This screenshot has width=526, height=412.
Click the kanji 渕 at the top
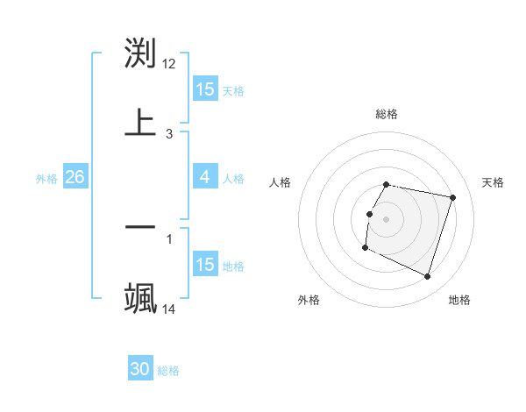(x=140, y=53)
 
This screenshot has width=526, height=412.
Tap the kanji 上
(x=140, y=122)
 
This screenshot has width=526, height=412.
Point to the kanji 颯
(x=140, y=297)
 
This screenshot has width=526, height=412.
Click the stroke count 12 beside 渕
(x=169, y=64)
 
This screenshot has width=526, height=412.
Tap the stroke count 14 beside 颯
(x=169, y=309)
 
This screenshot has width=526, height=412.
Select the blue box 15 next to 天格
(x=205, y=89)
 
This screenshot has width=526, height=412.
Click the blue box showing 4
(x=205, y=177)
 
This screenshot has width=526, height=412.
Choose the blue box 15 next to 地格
(x=205, y=264)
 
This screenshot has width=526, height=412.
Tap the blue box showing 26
(x=75, y=177)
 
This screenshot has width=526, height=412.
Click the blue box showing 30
(x=140, y=369)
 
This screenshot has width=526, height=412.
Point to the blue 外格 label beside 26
(x=46, y=178)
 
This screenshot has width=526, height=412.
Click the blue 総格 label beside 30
(x=168, y=371)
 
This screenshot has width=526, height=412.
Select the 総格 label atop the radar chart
(x=387, y=114)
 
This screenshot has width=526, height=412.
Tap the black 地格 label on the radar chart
(x=459, y=300)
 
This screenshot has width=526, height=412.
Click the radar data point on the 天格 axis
(x=452, y=198)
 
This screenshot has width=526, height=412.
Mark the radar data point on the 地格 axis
(x=427, y=277)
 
